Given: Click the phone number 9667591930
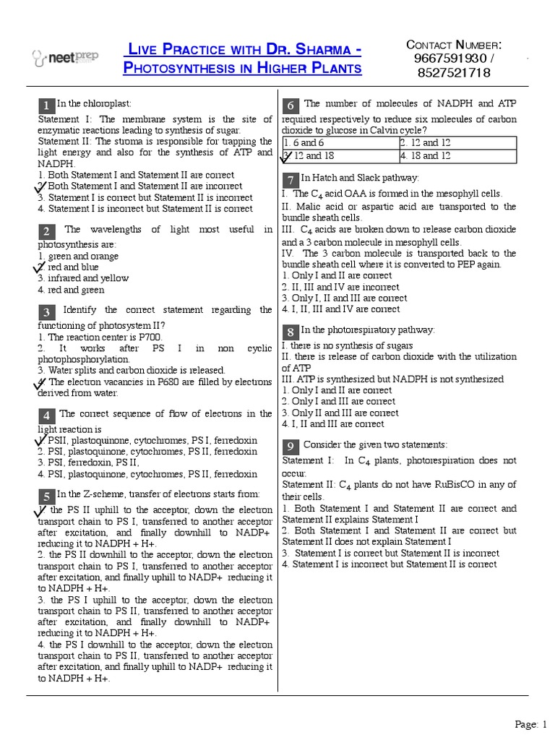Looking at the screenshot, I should pyautogui.click(x=454, y=58).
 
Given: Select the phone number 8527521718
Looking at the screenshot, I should pyautogui.click(x=454, y=72).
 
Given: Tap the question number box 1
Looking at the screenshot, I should pyautogui.click(x=46, y=106).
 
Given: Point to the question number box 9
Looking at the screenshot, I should pyautogui.click(x=290, y=446).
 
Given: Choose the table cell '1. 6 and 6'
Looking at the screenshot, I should pyautogui.click(x=340, y=143).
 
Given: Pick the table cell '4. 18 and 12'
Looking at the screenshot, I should pyautogui.click(x=457, y=156).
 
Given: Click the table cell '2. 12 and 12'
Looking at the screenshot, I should pyautogui.click(x=457, y=143).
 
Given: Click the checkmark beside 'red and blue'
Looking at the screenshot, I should pyautogui.click(x=40, y=267).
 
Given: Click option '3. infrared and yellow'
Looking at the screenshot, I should pyautogui.click(x=83, y=278).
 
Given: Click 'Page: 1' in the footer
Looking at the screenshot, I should pyautogui.click(x=531, y=724).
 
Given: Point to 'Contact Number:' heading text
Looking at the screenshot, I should pyautogui.click(x=454, y=45).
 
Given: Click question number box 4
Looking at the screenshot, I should pyautogui.click(x=46, y=416).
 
